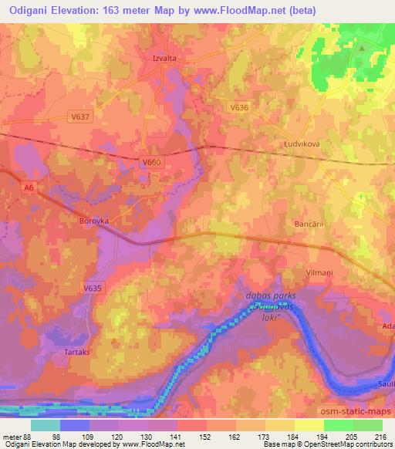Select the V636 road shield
[x=238, y=110]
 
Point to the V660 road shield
[x=151, y=161]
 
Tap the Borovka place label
[x=94, y=220]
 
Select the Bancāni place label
[x=307, y=224]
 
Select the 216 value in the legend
[x=378, y=437]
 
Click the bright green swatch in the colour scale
[x=339, y=425]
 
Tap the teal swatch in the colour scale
[x=46, y=425]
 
